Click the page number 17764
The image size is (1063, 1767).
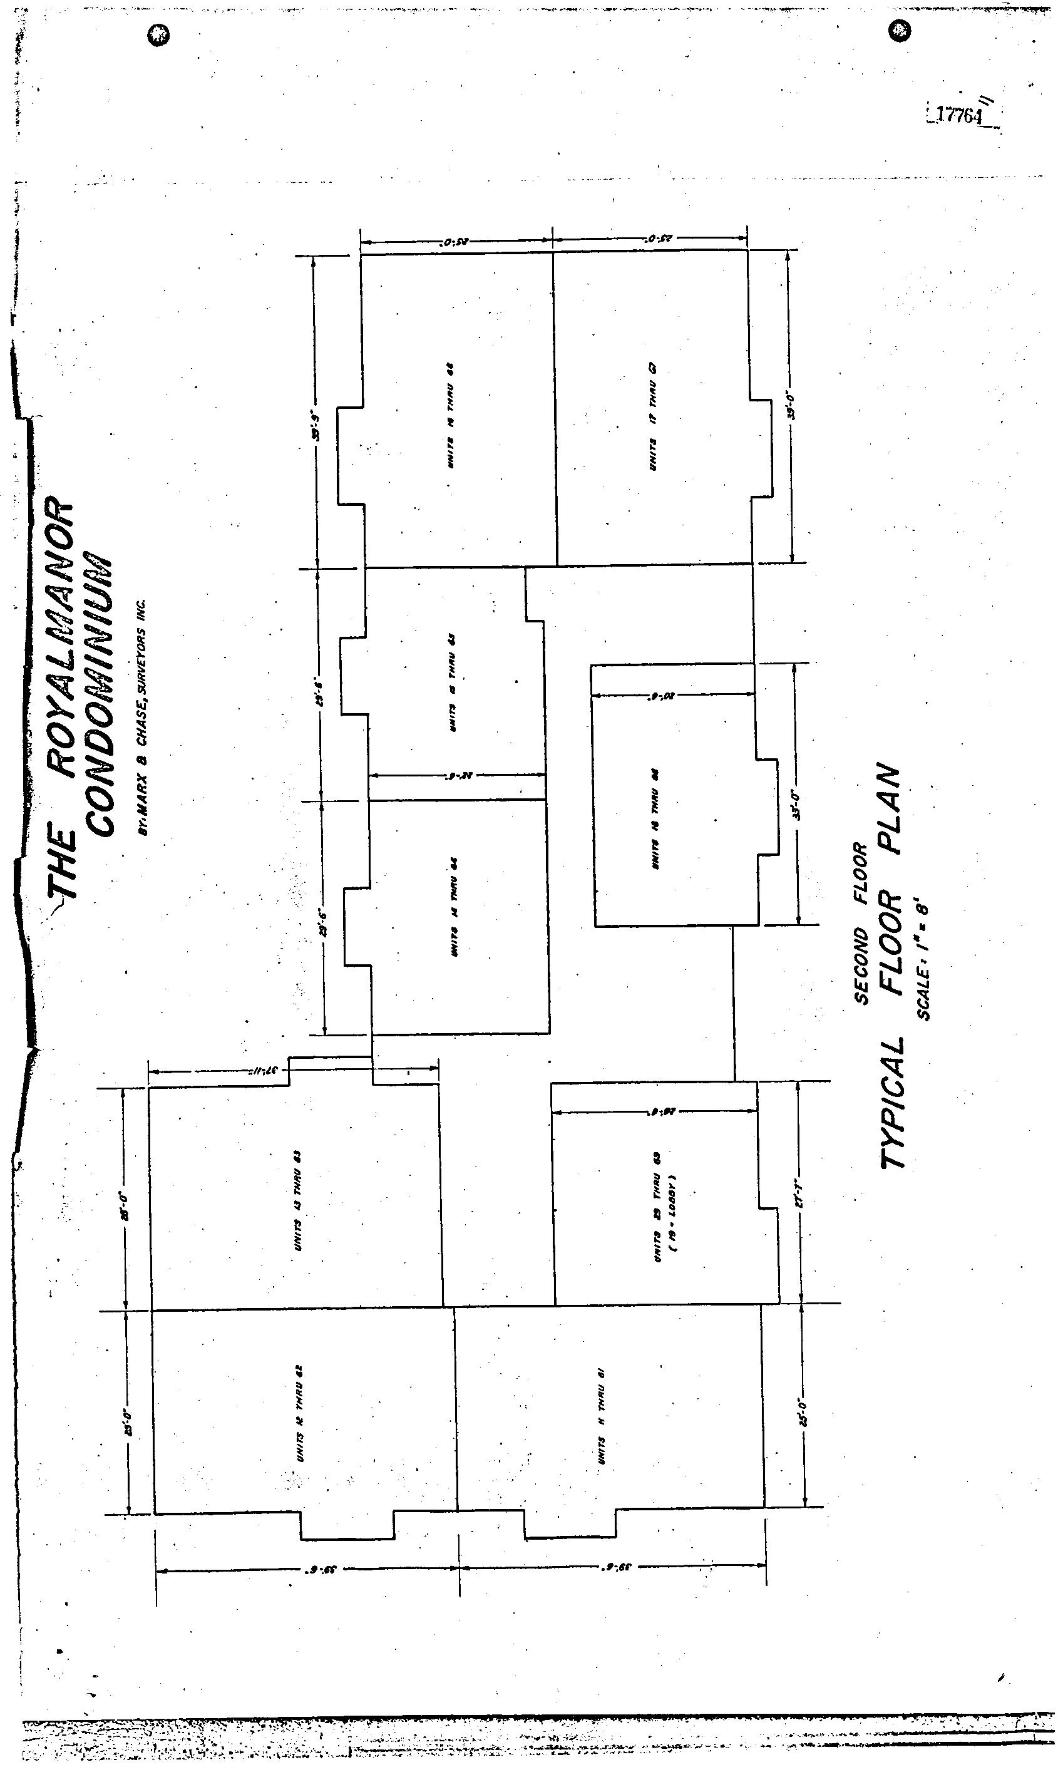point(960,115)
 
